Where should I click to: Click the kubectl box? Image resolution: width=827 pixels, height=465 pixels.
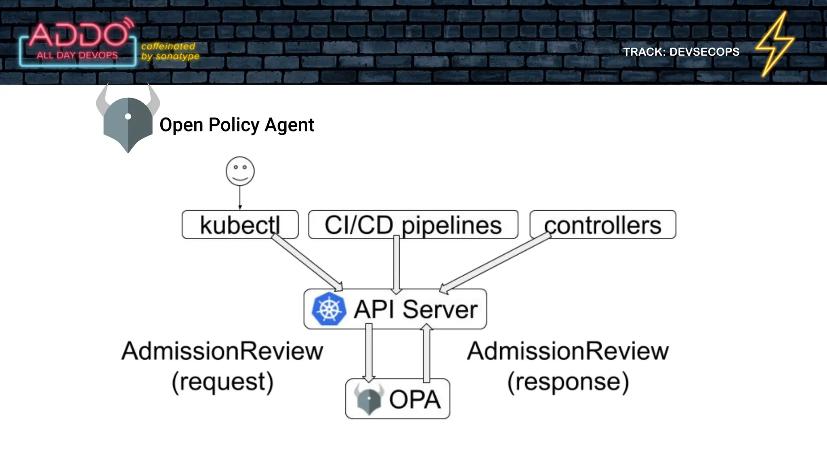tap(239, 224)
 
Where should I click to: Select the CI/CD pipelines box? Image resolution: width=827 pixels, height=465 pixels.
tap(413, 224)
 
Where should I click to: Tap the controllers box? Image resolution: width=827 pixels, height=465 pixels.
tap(602, 224)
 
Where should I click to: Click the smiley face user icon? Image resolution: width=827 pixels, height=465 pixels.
tap(240, 171)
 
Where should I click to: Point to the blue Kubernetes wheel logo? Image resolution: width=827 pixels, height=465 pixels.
tap(329, 309)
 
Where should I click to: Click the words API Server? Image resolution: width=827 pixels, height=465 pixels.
tap(416, 309)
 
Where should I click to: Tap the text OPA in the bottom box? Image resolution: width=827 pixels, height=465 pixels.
tap(414, 399)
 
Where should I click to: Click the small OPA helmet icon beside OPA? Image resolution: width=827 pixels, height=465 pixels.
tap(369, 399)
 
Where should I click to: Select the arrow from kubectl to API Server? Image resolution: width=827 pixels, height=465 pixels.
tap(307, 262)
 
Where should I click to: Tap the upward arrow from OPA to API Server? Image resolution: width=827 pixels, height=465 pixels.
tap(426, 353)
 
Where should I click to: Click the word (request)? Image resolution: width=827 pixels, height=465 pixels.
tap(222, 381)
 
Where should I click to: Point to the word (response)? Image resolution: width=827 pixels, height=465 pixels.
tap(568, 381)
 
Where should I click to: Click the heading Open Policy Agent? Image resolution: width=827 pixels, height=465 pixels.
tap(237, 125)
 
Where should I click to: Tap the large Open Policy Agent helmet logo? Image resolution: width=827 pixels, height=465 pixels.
tap(128, 121)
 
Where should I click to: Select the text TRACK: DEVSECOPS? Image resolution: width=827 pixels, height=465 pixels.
tap(681, 52)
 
